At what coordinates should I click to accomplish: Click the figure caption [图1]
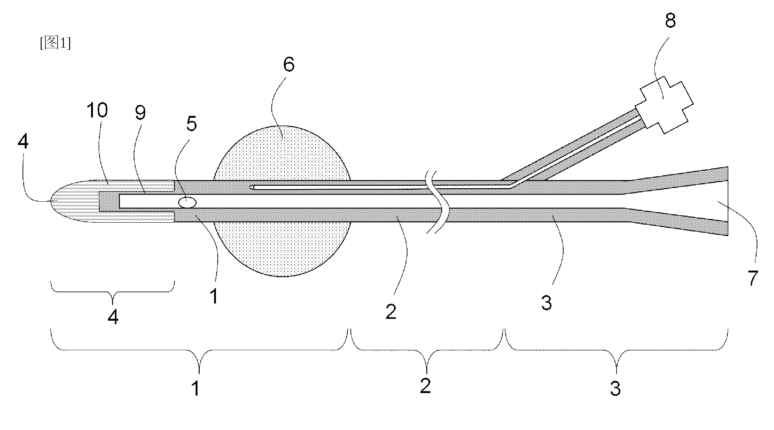(55, 43)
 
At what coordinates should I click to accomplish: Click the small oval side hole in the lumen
(187, 202)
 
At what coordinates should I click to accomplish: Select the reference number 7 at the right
(752, 278)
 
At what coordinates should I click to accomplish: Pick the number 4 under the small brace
(113, 317)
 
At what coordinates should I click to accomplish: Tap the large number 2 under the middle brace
(425, 386)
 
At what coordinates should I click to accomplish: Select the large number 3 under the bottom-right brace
(615, 388)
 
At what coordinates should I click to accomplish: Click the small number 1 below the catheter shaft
(214, 296)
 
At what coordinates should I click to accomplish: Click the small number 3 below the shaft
(547, 303)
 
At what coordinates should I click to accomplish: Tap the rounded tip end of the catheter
(51, 201)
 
